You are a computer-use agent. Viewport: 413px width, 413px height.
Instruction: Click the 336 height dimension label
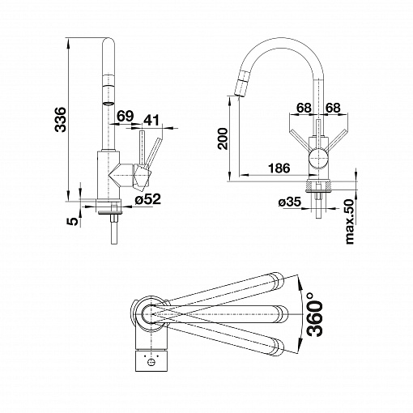60,119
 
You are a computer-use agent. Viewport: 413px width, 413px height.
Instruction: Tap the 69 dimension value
126,116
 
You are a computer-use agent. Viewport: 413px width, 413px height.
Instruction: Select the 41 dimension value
151,120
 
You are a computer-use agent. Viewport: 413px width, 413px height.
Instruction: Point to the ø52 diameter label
148,199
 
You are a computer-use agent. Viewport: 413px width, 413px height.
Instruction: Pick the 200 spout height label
223,138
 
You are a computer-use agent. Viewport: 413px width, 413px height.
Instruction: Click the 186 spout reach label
279,168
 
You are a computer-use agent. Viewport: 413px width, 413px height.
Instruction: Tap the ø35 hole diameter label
290,202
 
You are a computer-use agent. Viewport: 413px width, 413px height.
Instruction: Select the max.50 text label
349,222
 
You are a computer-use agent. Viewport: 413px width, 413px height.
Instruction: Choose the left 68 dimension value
304,108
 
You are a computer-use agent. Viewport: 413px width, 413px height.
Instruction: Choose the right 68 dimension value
333,108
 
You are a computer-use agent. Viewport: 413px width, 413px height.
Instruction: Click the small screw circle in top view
151,362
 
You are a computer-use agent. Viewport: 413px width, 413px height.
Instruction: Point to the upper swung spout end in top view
277,281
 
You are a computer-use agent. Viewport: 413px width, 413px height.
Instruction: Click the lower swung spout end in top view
277,346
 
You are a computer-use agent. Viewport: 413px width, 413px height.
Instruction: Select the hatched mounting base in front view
318,185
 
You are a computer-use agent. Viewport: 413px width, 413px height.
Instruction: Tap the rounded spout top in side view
109,42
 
